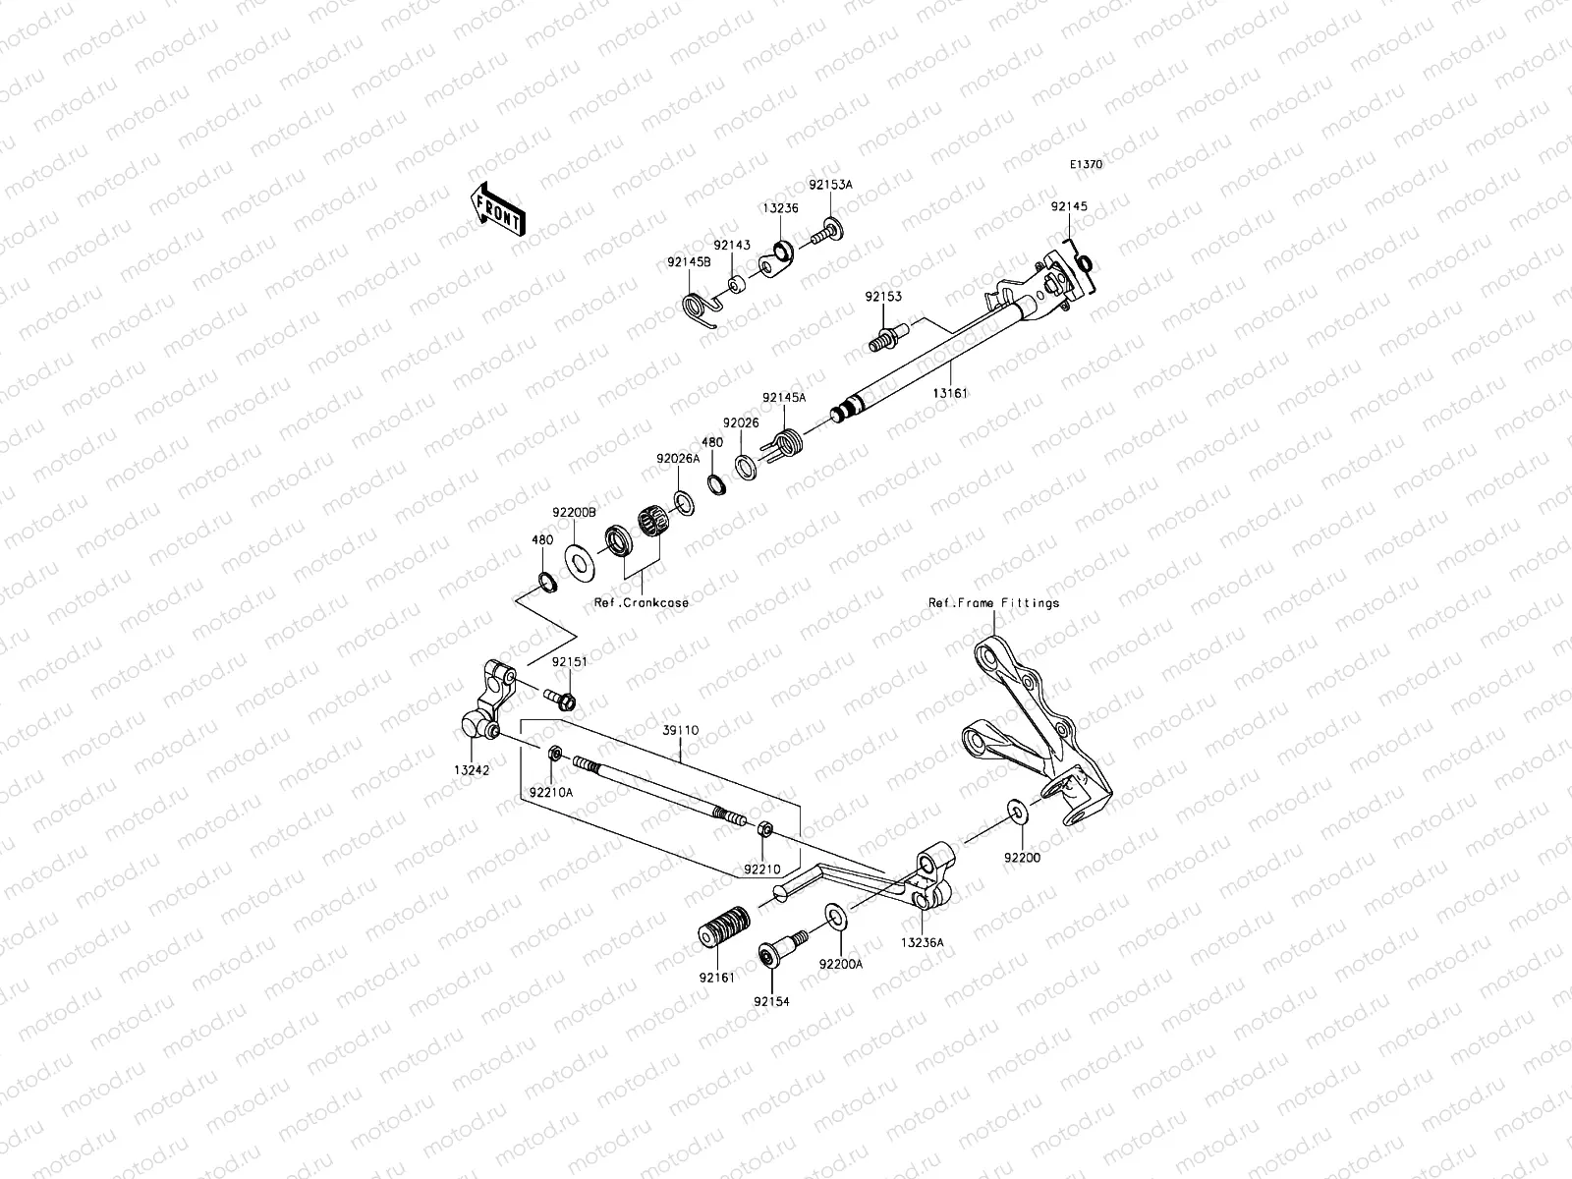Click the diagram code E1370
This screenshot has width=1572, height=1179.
1086,165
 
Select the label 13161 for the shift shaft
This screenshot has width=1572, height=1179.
951,392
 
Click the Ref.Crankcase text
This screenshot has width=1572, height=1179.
641,602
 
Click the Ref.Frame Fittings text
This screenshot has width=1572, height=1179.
993,602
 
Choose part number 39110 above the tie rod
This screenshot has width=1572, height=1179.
680,730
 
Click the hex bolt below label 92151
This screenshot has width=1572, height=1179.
563,700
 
